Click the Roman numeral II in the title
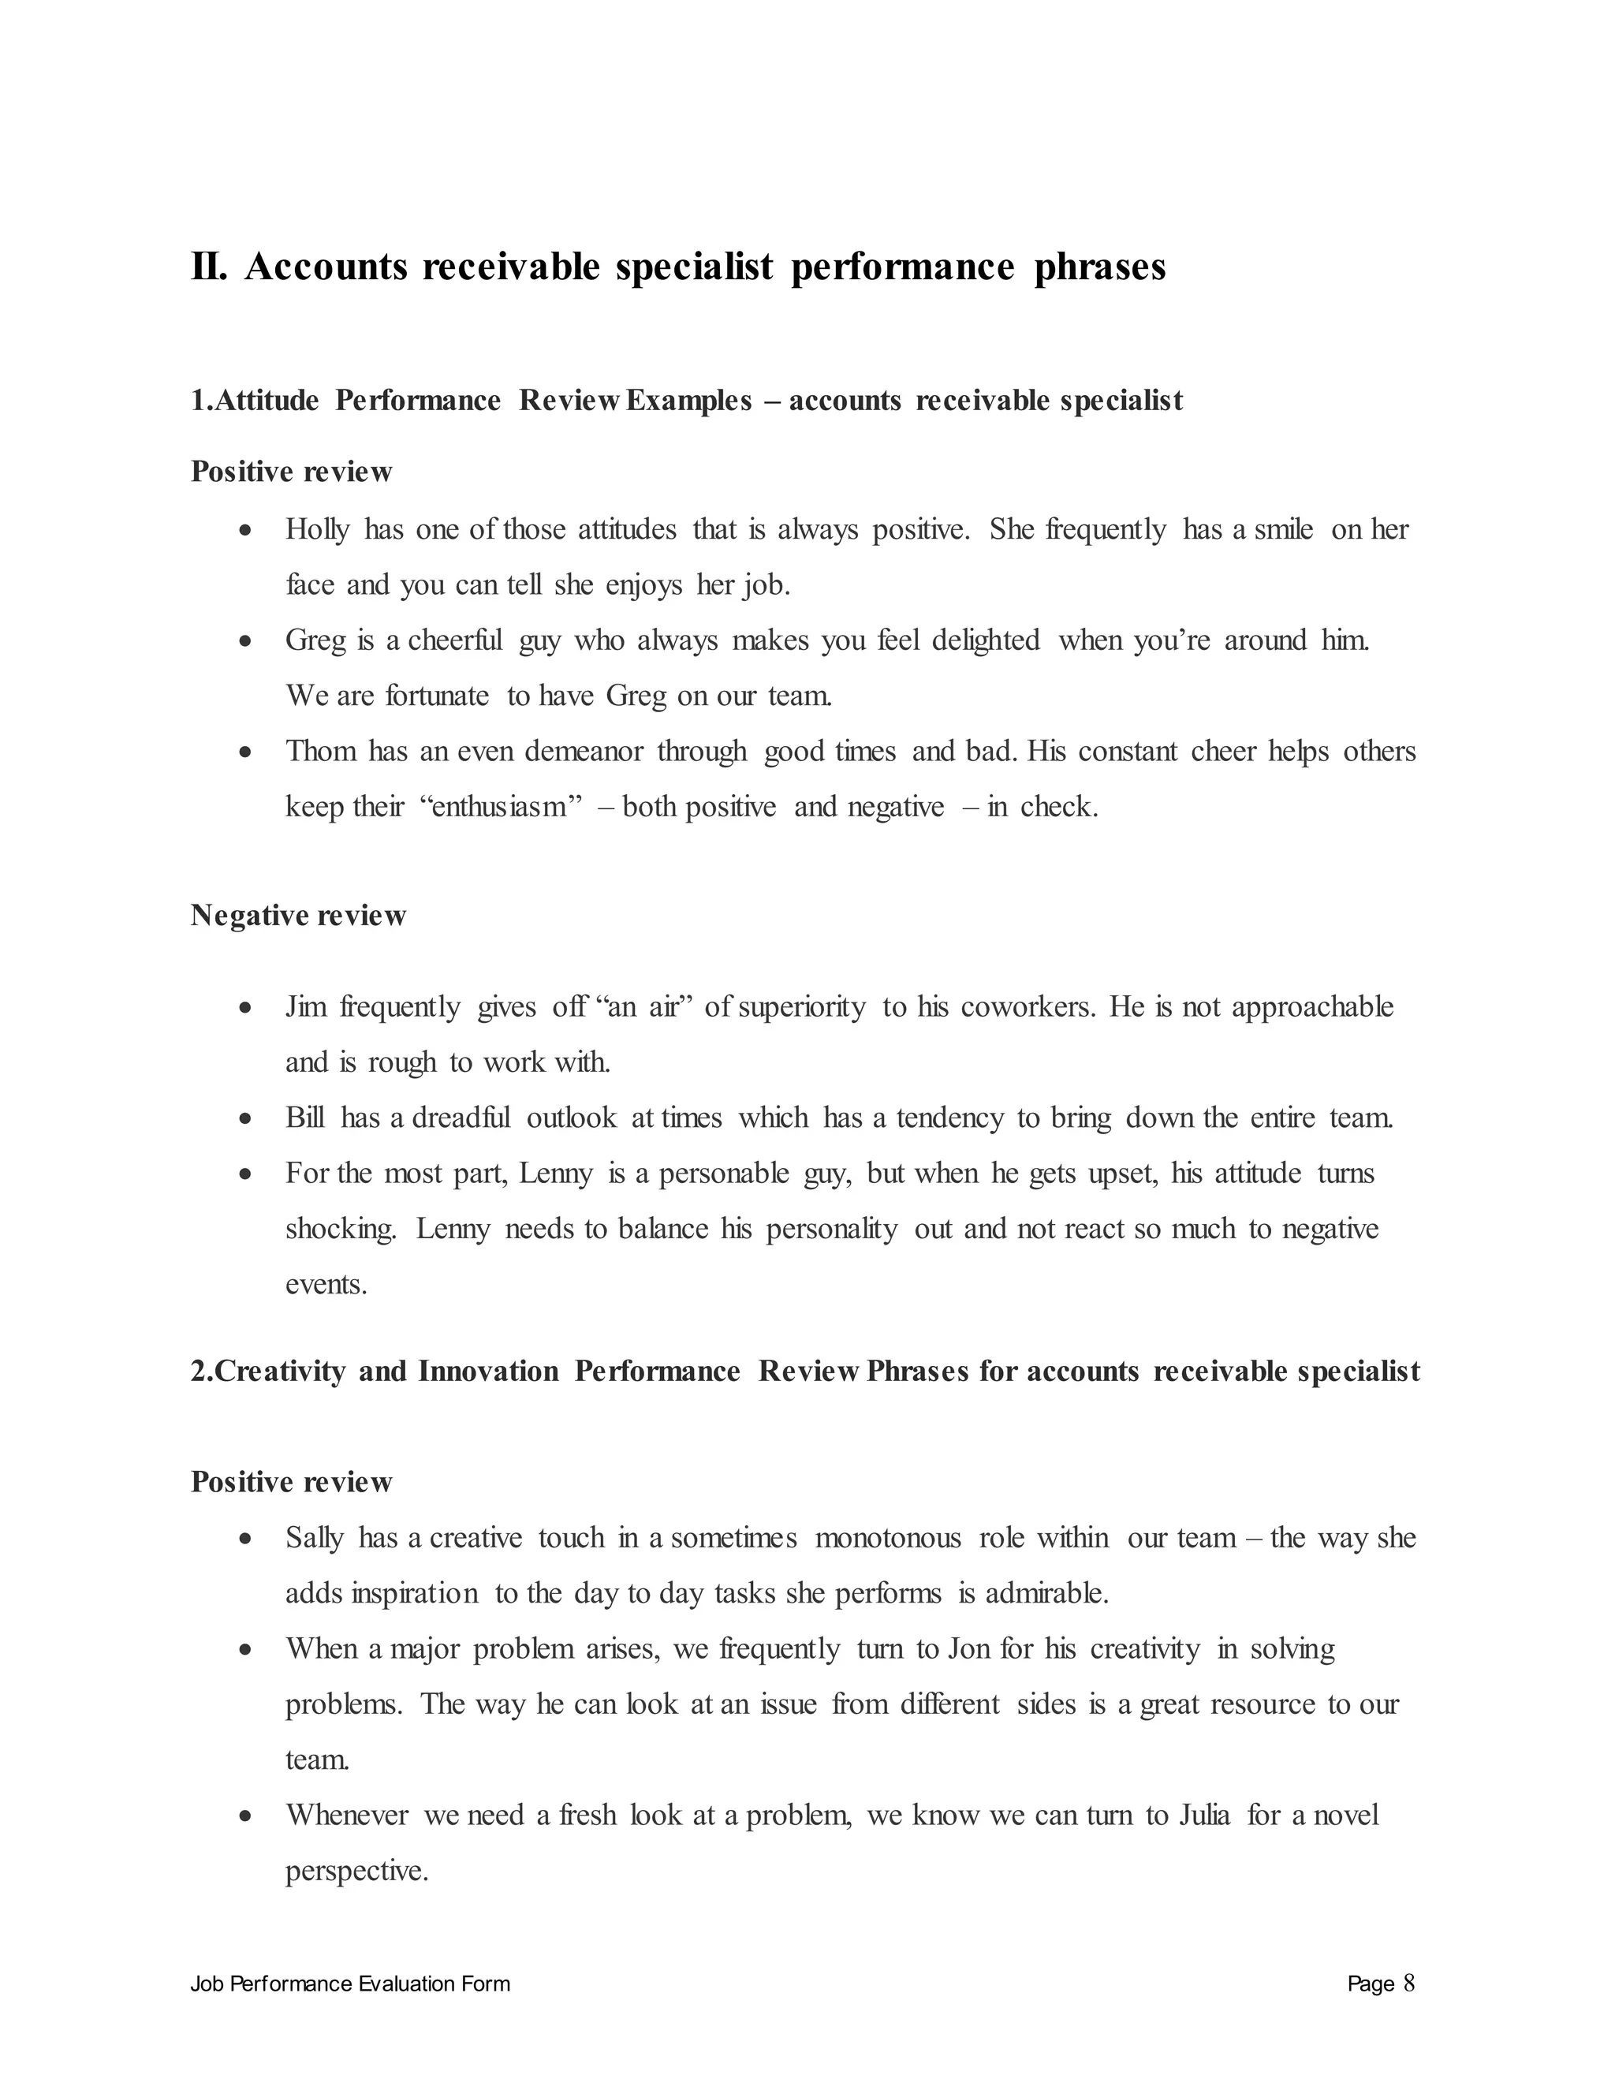(x=208, y=267)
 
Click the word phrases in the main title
(x=1099, y=267)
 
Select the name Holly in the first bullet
(x=317, y=529)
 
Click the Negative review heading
(x=299, y=916)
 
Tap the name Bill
(x=305, y=1118)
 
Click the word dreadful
(x=461, y=1118)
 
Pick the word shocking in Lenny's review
(x=341, y=1229)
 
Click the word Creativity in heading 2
(x=278, y=1372)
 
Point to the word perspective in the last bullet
(x=356, y=1871)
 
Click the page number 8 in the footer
(x=1408, y=1984)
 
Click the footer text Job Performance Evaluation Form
(x=350, y=1985)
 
